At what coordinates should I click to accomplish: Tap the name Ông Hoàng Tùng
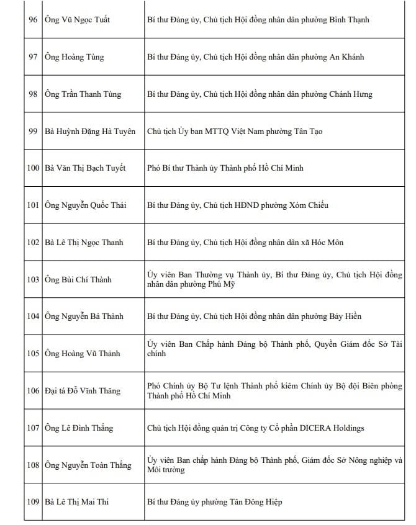(x=75, y=57)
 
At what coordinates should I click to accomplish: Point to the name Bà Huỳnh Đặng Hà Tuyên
(x=90, y=132)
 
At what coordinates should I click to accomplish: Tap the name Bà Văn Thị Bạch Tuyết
(x=85, y=168)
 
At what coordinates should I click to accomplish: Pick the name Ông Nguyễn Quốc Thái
(x=85, y=205)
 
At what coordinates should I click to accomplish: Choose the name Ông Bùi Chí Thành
(x=78, y=279)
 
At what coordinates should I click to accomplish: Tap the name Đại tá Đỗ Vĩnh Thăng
(x=83, y=391)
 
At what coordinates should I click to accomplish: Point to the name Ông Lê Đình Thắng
(x=79, y=428)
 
